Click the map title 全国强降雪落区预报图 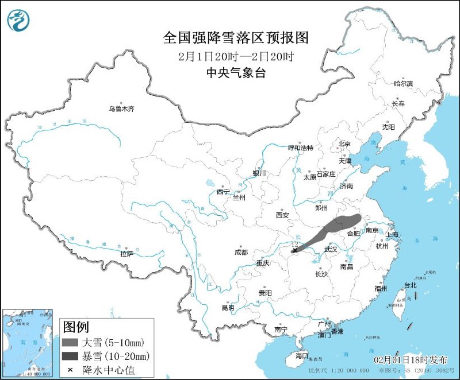[x=236, y=38]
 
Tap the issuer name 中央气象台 [x=236, y=73]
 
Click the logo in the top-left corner [x=18, y=20]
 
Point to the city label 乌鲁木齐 [x=121, y=108]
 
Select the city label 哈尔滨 [x=403, y=83]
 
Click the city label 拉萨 [x=126, y=253]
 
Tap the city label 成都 [x=241, y=252]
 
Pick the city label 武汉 [x=331, y=249]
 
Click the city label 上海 [x=392, y=234]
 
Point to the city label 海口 [x=302, y=355]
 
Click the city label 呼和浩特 [x=300, y=148]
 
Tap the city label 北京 [x=344, y=144]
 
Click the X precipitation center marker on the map [x=295, y=250]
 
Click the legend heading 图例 [x=75, y=327]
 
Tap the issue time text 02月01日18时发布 [x=410, y=359]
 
